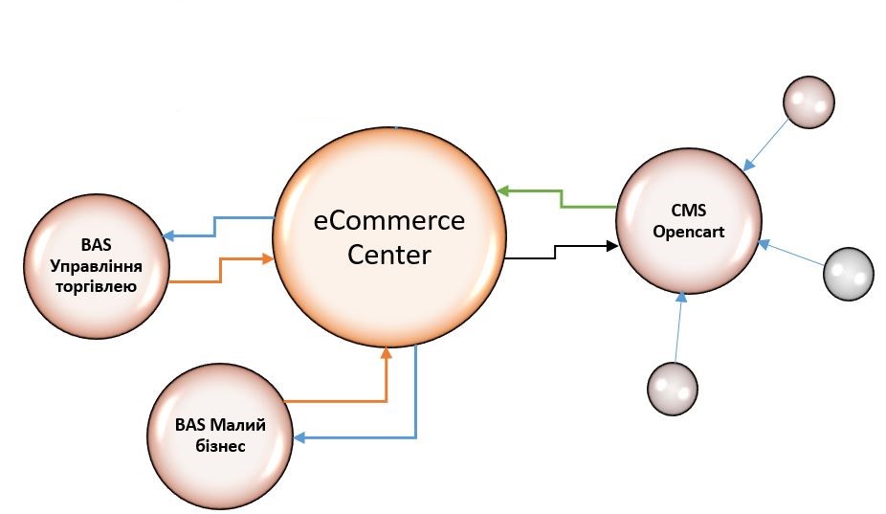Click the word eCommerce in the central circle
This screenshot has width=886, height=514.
click(x=389, y=221)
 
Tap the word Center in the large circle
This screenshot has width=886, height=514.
click(x=389, y=256)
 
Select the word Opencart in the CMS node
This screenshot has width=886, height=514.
click(x=687, y=233)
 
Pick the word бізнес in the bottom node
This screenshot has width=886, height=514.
click(x=219, y=445)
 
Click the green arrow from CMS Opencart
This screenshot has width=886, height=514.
click(x=560, y=198)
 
